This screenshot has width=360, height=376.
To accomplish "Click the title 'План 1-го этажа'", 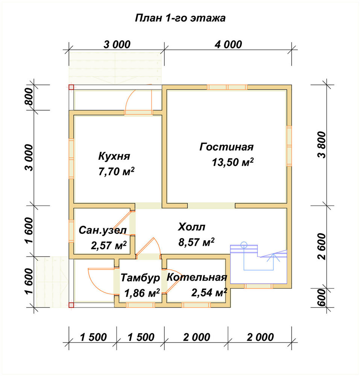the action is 180,18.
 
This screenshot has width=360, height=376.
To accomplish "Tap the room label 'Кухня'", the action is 114,156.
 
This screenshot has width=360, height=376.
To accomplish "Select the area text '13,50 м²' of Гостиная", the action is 232,162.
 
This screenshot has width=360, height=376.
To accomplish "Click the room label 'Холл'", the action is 191,227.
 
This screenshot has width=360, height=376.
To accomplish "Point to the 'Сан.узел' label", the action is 103,230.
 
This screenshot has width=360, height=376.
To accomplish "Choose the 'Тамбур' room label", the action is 140,278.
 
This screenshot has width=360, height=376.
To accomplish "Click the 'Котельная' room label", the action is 197,277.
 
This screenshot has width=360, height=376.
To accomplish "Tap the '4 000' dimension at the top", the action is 228,45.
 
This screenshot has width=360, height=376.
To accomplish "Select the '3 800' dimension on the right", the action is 322,145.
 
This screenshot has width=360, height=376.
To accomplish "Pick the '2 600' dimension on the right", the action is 322,247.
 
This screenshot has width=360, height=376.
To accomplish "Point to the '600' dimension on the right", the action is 322,297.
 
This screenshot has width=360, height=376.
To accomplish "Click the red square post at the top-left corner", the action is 71,87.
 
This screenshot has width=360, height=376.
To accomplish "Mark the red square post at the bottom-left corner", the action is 71,305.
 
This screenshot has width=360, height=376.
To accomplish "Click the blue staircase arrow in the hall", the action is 273,262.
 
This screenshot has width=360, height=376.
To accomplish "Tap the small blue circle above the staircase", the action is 244,245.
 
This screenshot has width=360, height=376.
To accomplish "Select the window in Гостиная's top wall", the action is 227,87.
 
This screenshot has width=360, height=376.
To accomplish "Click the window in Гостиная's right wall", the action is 289,146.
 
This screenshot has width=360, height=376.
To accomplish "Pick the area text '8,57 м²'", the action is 196,242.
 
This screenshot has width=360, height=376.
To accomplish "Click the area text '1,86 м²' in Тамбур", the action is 142,293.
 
